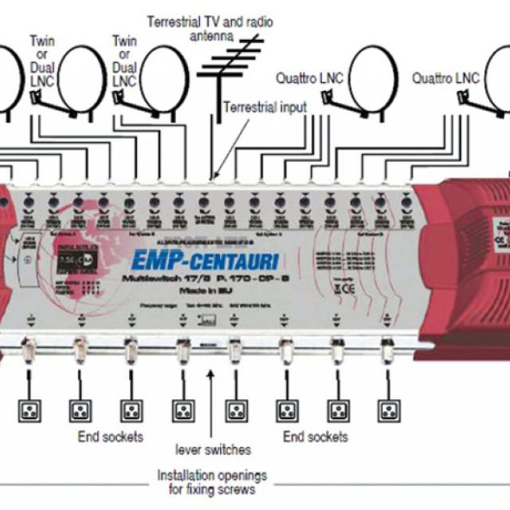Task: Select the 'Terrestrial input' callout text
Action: [x=265, y=107]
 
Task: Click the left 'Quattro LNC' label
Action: [x=309, y=78]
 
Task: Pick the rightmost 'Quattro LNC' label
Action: [x=445, y=78]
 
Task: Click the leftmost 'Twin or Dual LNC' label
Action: [x=44, y=61]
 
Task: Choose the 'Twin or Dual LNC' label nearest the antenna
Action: [x=125, y=61]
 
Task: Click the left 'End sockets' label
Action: [x=111, y=437]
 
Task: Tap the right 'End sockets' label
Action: [x=316, y=437]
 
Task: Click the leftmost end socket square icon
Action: [x=29, y=410]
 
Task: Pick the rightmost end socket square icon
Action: [x=388, y=410]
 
